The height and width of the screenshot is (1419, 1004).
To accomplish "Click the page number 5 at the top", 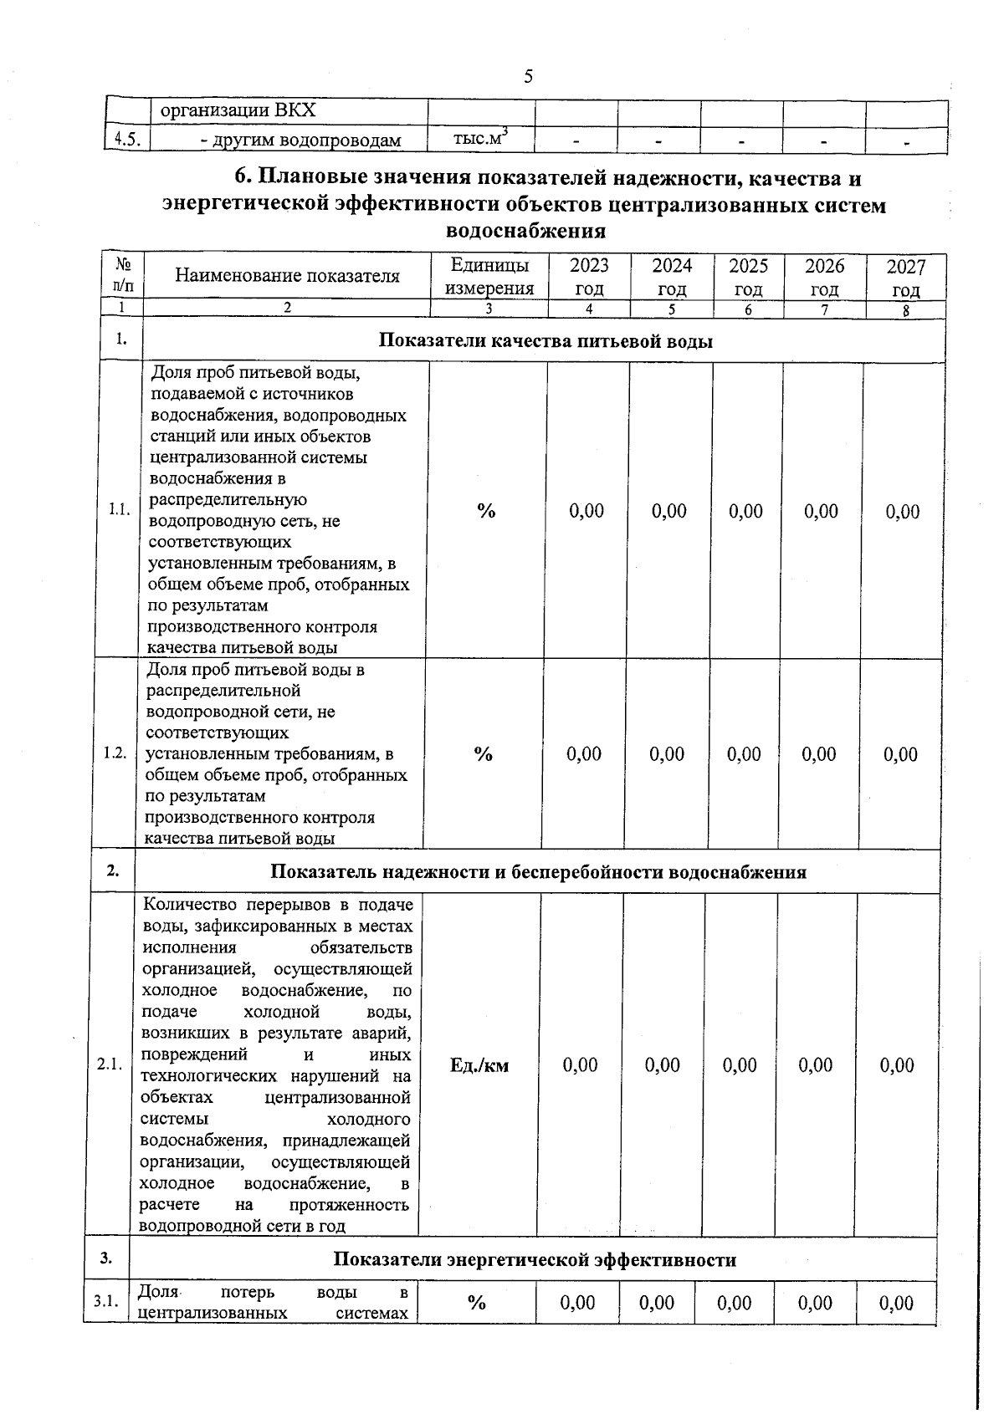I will (528, 78).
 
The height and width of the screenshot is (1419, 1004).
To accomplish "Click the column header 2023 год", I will (589, 278).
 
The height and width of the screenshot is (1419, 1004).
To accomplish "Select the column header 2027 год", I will (906, 278).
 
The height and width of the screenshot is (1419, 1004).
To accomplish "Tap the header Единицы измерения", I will (489, 277).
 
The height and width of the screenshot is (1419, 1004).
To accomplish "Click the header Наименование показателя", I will (287, 276).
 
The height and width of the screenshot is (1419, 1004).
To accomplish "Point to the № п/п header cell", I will (122, 275).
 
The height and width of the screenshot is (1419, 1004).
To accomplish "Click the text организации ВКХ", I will (238, 111).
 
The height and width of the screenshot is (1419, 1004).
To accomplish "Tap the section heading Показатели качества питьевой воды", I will (546, 340).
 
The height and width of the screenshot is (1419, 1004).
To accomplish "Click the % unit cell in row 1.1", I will (486, 511).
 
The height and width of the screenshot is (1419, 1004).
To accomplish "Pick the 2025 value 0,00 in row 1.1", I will (745, 511).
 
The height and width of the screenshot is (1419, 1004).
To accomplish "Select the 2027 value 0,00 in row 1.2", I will (901, 754).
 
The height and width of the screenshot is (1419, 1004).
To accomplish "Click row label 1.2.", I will (115, 753).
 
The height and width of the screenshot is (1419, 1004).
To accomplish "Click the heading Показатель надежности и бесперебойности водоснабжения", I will (538, 872).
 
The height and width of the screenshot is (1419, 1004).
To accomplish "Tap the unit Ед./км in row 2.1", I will (479, 1065).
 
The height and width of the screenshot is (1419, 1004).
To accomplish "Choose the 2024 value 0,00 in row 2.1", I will (663, 1065).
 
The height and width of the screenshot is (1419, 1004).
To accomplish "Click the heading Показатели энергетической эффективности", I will (535, 1259).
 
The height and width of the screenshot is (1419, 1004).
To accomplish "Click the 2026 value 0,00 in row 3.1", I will (815, 1303).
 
